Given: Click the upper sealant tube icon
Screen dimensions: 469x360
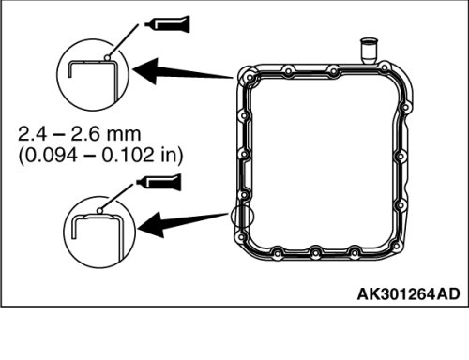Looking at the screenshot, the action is [x=168, y=23].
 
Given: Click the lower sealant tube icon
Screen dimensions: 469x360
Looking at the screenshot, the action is [x=159, y=182].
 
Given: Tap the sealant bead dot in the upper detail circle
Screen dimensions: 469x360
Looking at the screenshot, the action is [x=107, y=58].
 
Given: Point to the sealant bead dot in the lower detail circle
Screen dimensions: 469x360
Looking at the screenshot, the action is [x=99, y=211].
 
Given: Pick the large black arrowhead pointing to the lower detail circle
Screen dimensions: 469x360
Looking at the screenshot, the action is [x=151, y=225].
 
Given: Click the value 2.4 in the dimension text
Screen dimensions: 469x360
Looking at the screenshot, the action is [x=33, y=134].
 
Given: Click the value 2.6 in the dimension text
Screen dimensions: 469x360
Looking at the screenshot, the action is [x=85, y=134].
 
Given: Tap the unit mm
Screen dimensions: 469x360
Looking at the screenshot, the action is [x=124, y=135].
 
